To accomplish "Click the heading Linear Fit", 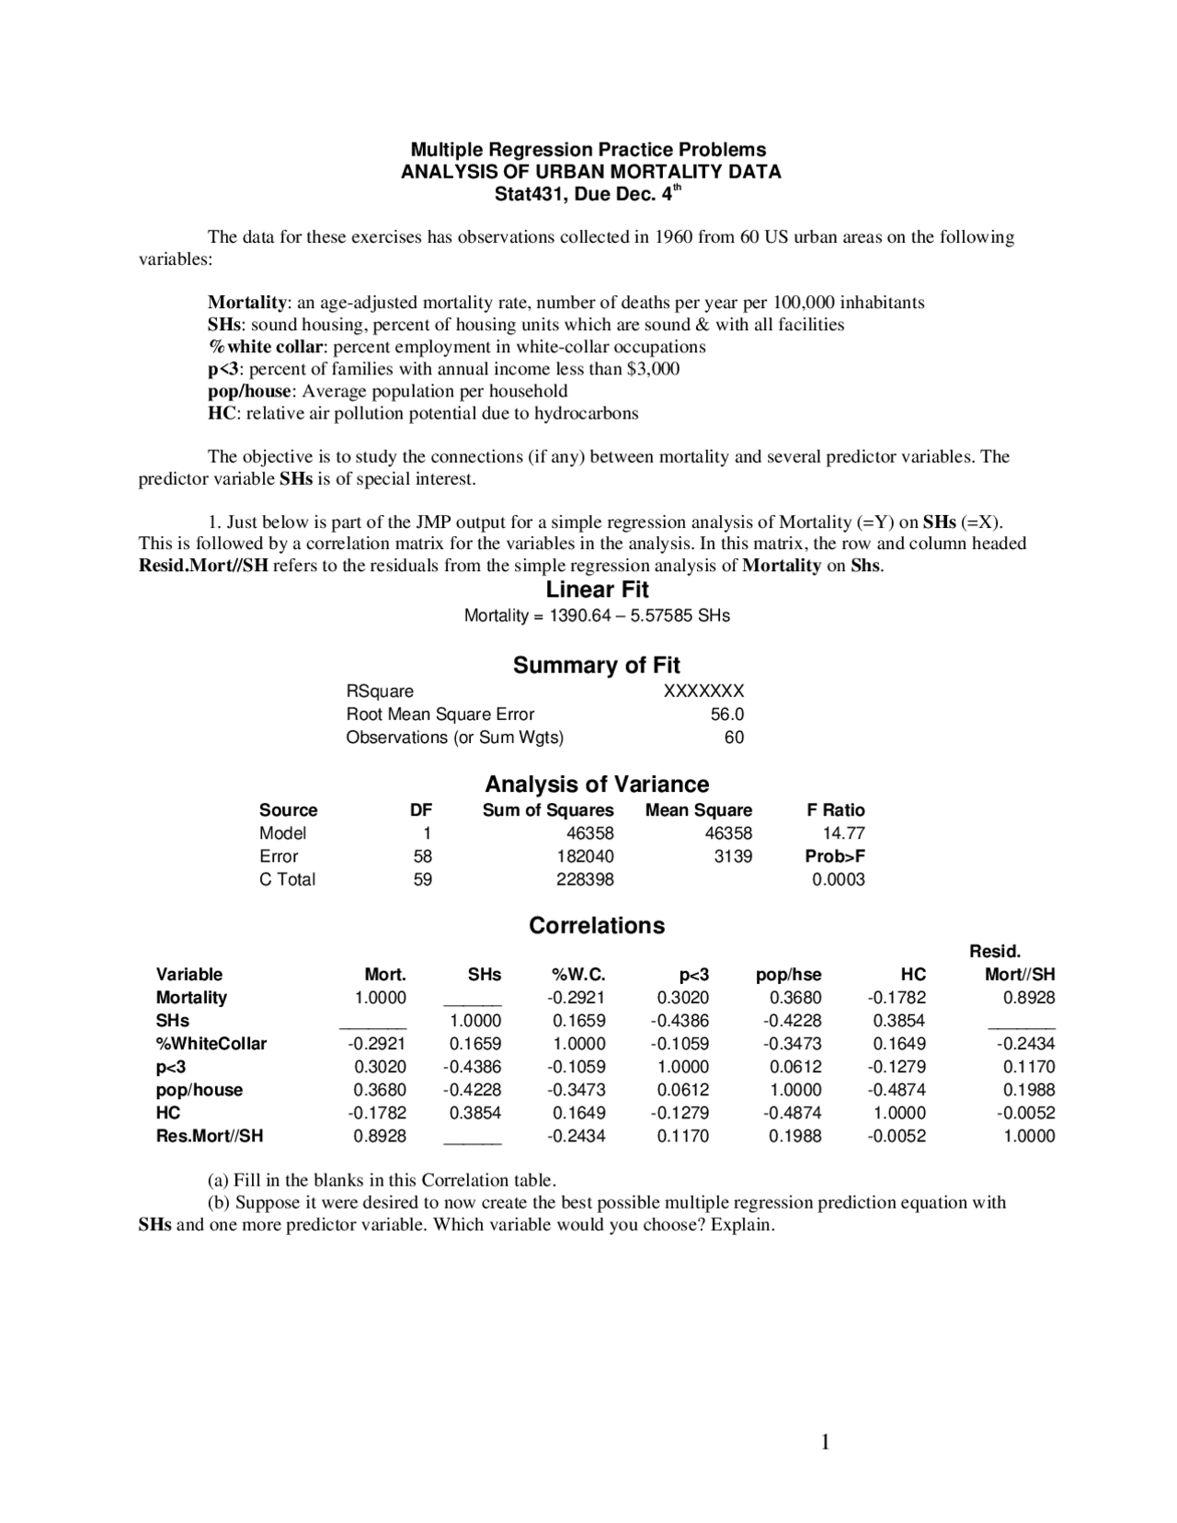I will click(x=597, y=590).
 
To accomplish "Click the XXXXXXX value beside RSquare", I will click(x=703, y=691).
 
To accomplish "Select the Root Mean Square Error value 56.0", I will click(x=726, y=714).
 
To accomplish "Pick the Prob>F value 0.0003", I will click(x=838, y=879).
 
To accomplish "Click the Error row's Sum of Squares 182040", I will click(x=585, y=856).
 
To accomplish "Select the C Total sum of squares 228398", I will click(x=585, y=879).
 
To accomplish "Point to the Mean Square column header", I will click(x=698, y=810).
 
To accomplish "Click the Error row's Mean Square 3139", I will click(x=733, y=856).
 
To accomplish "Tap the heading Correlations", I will click(x=597, y=925).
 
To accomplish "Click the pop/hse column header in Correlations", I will click(x=788, y=975).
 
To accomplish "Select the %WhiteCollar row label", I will click(x=211, y=1044).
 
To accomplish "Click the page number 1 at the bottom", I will click(x=825, y=1442).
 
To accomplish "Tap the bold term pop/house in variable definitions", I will click(x=248, y=391).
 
